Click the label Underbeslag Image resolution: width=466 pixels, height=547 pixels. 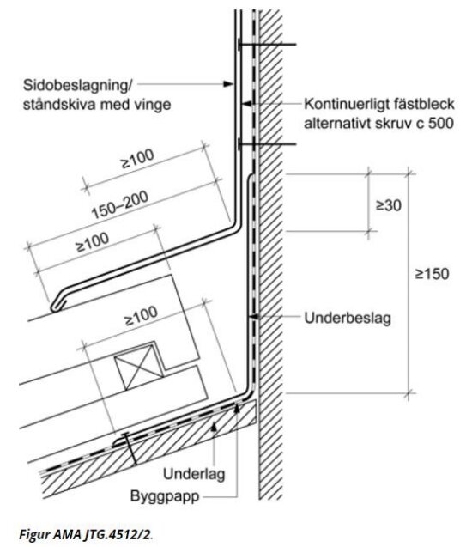point(348,318)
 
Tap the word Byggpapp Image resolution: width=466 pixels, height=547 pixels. point(165,495)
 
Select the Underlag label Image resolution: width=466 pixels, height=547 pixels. point(194,474)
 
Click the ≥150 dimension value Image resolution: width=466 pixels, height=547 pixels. point(432,274)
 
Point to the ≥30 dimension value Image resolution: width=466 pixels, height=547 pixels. point(388,205)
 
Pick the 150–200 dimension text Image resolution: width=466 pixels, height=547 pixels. point(120,204)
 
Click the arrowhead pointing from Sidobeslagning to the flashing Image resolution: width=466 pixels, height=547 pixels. point(228,84)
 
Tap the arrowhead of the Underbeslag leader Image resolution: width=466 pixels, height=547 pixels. point(253,317)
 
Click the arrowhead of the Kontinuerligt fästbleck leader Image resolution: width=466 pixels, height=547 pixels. point(245,104)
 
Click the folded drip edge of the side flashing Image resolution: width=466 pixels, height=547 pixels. point(57,304)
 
